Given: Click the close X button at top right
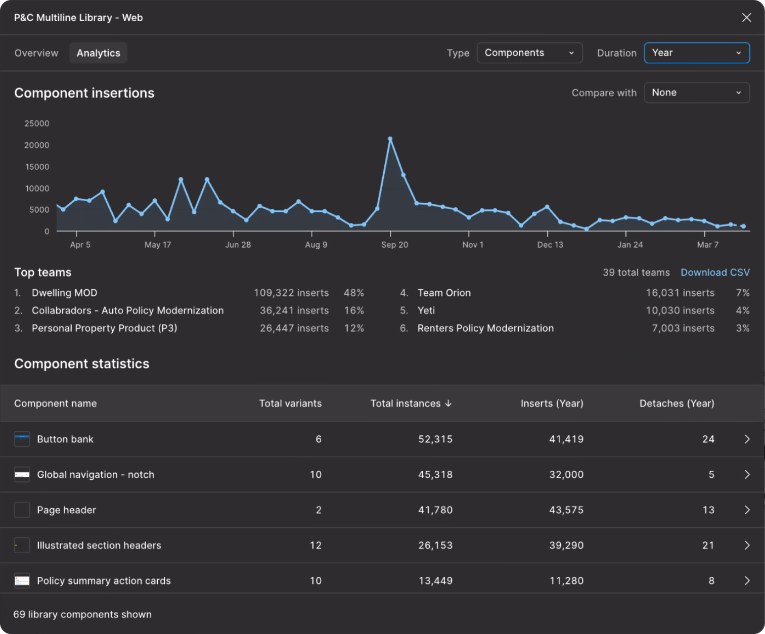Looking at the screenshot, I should click(746, 18).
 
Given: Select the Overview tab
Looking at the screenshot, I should click(36, 53).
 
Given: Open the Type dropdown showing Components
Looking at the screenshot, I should click(529, 53).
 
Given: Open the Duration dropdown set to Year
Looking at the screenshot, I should click(696, 53).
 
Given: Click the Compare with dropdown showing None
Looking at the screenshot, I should click(696, 93).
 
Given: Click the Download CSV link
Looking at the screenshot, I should click(715, 273).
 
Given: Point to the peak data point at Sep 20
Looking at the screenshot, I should click(390, 139).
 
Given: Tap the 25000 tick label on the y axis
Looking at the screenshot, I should click(37, 123).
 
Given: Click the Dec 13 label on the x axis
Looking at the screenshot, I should click(550, 245).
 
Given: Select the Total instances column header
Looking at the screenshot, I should click(411, 403).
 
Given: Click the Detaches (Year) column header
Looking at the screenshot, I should click(677, 403).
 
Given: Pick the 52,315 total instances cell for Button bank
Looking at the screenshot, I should click(435, 439).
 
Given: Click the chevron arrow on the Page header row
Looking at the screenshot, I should click(747, 510).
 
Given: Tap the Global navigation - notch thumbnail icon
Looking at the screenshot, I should click(22, 475).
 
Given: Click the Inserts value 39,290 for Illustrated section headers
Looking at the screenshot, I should click(566, 546).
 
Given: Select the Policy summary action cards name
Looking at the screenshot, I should click(104, 581).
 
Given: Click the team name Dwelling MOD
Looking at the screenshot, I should click(64, 293).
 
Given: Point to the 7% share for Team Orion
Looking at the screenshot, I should click(742, 293).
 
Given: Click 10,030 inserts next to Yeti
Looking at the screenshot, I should click(680, 310).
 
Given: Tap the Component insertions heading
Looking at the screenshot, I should click(84, 93).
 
